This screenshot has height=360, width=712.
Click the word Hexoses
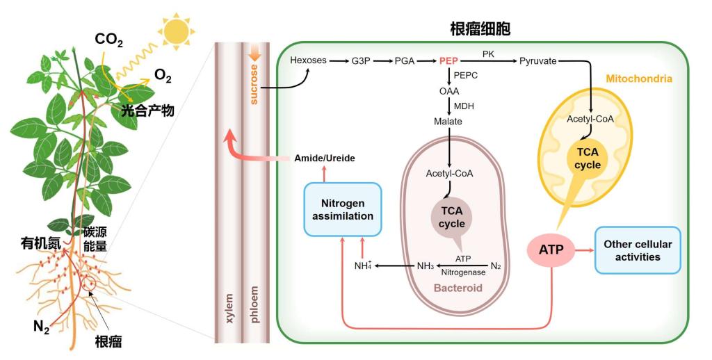[308, 60]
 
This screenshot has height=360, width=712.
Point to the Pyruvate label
[538, 61]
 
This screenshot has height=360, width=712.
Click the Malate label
[448, 122]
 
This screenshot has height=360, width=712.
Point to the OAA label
[448, 91]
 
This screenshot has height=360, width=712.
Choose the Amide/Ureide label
[325, 158]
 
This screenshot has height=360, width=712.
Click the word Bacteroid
[458, 287]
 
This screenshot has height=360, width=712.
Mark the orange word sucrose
[254, 85]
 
